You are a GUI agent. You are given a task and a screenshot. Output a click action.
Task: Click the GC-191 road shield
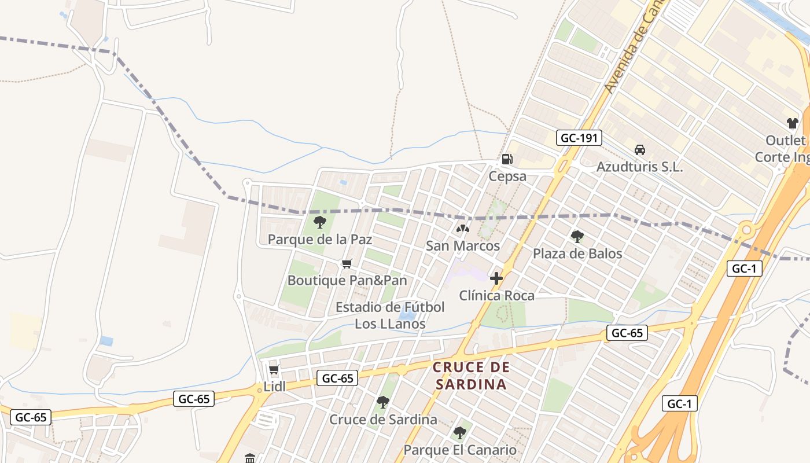(579, 138)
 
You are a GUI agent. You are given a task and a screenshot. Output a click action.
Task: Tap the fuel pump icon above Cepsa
(507, 159)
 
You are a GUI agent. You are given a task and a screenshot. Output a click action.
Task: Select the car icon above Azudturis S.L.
(639, 150)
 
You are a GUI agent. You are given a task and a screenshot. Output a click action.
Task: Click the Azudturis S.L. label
(639, 167)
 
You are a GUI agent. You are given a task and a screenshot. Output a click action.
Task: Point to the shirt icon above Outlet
(792, 123)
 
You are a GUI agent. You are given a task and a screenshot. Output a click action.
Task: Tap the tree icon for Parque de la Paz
(319, 222)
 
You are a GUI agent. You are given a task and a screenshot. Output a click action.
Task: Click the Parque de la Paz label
(319, 239)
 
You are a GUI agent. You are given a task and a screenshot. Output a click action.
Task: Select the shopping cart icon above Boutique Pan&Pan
(347, 264)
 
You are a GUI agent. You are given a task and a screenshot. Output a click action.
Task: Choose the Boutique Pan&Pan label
(347, 281)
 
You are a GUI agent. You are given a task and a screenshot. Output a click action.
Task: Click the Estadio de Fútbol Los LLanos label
(390, 315)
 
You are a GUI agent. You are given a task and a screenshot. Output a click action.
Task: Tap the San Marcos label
(463, 246)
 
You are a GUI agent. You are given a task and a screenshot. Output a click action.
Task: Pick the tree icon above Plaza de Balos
(577, 236)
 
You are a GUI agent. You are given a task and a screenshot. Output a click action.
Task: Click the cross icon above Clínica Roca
(496, 278)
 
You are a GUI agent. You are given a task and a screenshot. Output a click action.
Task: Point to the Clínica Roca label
(496, 296)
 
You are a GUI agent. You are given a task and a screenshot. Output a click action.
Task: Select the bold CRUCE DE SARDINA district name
(471, 376)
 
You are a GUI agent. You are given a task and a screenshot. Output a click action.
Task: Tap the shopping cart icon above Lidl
(274, 370)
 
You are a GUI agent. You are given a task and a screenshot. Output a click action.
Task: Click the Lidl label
(275, 387)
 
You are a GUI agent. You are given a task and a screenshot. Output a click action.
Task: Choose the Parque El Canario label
(460, 450)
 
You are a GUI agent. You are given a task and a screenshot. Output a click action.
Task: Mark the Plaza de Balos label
(577, 253)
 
